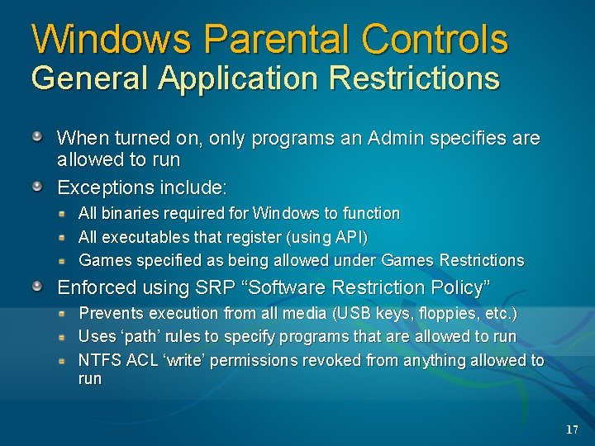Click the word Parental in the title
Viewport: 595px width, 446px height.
click(275, 39)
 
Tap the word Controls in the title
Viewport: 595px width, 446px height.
click(436, 39)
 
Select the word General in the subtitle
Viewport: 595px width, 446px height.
click(90, 78)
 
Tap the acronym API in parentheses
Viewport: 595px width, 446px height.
click(347, 237)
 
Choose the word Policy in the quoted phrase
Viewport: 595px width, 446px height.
click(457, 287)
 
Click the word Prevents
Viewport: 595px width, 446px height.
click(110, 314)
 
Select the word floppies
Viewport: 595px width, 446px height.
click(447, 314)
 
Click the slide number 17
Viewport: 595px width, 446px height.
click(572, 429)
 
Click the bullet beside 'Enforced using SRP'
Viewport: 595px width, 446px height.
click(38, 287)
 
